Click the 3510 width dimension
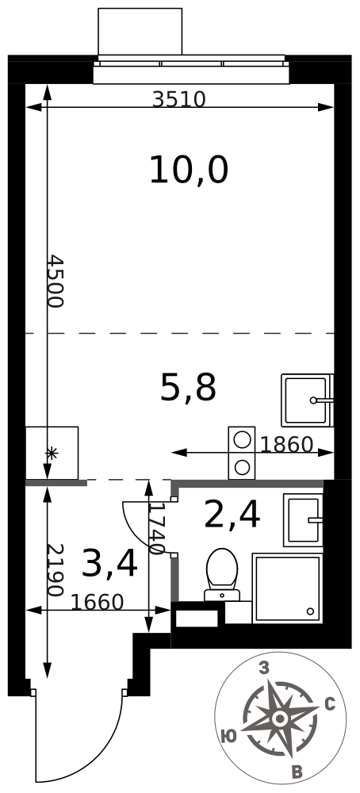tap(178, 99)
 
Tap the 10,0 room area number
tap(189, 170)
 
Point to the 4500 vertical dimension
tap(54, 281)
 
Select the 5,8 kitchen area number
tap(188, 388)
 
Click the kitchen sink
tap(307, 400)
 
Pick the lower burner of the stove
tap(243, 466)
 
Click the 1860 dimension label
tap(286, 445)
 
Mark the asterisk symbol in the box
tap(52, 454)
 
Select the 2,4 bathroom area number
tap(232, 515)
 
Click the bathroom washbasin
tap(303, 520)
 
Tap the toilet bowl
tap(221, 569)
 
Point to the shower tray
tap(287, 588)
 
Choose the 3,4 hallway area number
tap(109, 564)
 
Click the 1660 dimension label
tap(97, 603)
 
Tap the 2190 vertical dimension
tap(54, 569)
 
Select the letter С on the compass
tap(330, 704)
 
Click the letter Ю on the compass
tap(228, 736)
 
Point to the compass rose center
tap(279, 718)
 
